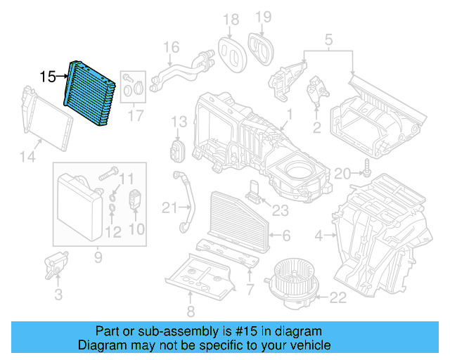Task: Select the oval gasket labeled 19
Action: click(x=262, y=47)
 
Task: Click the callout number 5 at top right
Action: click(x=328, y=41)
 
